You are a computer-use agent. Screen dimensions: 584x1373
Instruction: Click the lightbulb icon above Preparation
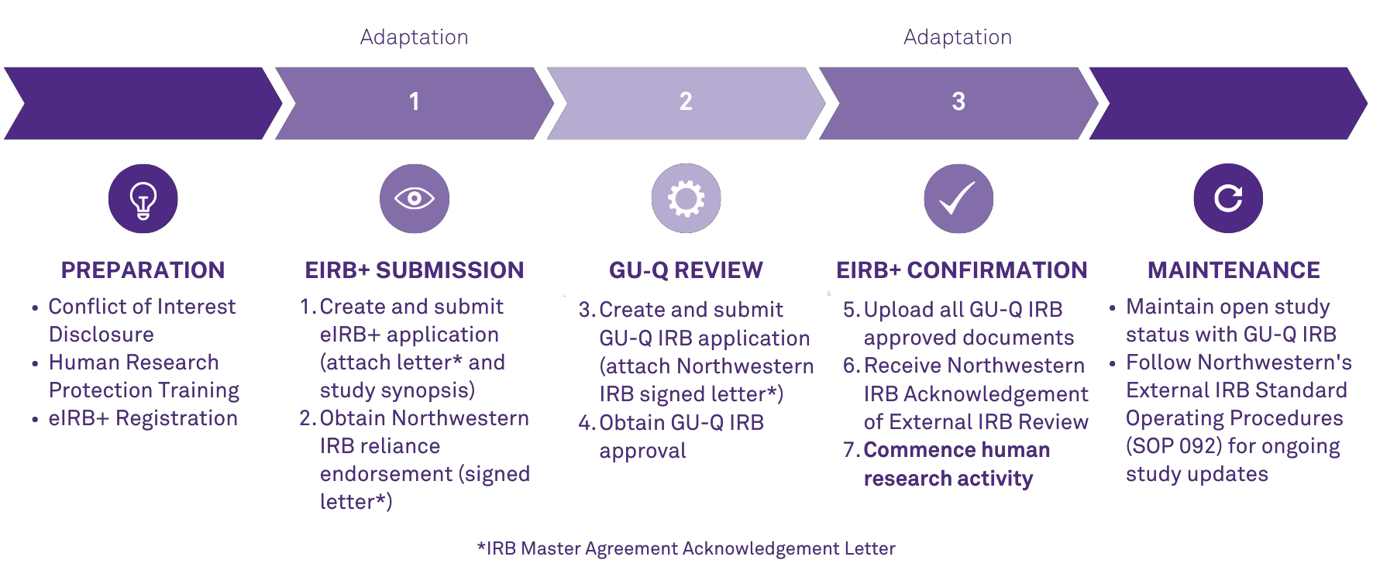(x=143, y=199)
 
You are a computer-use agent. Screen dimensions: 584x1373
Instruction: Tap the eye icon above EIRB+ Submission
(x=415, y=199)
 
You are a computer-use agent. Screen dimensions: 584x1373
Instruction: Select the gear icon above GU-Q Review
(x=686, y=199)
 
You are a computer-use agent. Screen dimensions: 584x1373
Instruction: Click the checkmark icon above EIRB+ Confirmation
(x=958, y=199)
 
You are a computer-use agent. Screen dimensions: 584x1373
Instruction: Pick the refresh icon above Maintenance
(x=1228, y=199)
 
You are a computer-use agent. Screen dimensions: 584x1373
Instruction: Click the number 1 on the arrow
(x=415, y=101)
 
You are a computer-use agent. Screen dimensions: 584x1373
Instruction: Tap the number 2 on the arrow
(x=686, y=101)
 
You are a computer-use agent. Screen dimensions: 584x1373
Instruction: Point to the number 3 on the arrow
(x=958, y=101)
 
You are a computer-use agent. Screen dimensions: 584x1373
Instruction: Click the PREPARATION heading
(x=143, y=270)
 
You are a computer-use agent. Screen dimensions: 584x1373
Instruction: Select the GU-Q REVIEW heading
(x=686, y=270)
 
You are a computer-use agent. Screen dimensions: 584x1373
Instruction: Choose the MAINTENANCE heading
(x=1234, y=270)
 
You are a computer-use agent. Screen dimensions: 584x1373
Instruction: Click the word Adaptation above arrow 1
(x=415, y=37)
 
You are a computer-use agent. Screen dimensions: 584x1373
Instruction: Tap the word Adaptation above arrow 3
(x=958, y=37)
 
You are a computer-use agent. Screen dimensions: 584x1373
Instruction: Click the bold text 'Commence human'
(x=957, y=450)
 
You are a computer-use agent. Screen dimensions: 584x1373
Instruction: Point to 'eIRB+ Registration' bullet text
(x=143, y=418)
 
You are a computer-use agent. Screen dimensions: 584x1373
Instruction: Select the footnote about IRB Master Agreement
(x=686, y=548)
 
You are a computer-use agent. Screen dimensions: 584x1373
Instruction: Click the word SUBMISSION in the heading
(x=449, y=270)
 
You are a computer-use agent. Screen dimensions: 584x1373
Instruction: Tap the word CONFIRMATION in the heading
(x=997, y=270)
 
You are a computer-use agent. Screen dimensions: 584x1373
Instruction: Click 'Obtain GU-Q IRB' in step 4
(x=682, y=423)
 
